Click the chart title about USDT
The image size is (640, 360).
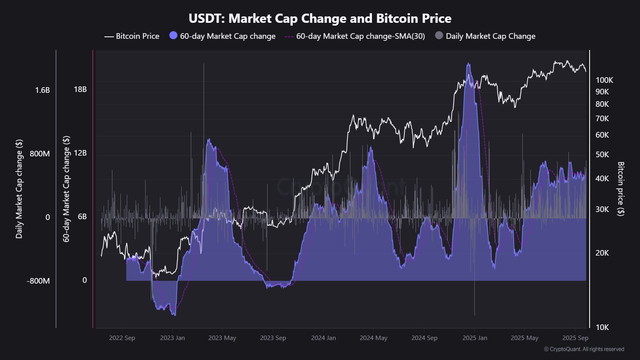pos(320,18)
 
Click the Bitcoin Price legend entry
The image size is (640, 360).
pos(132,36)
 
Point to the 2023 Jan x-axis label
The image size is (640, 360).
pos(172,338)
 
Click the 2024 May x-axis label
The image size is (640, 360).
pos(373,338)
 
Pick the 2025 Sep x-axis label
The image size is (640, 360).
pos(575,338)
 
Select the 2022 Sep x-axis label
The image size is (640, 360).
pos(122,338)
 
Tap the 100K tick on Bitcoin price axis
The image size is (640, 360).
pos(604,80)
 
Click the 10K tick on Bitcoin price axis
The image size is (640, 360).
pos(602,327)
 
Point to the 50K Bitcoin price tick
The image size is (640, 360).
pos(602,154)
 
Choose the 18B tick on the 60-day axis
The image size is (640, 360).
pos(80,89)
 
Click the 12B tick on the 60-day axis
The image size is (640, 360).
pos(80,153)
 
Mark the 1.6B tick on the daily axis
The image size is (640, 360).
pos(42,90)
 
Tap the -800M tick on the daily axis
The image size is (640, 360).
pos(38,281)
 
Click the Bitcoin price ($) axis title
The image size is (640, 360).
pos(620,189)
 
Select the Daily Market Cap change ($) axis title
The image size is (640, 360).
pos(19,189)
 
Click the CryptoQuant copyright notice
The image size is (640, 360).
pos(584,349)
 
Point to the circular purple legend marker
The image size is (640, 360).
pos(173,35)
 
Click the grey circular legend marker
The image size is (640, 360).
pos(439,35)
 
